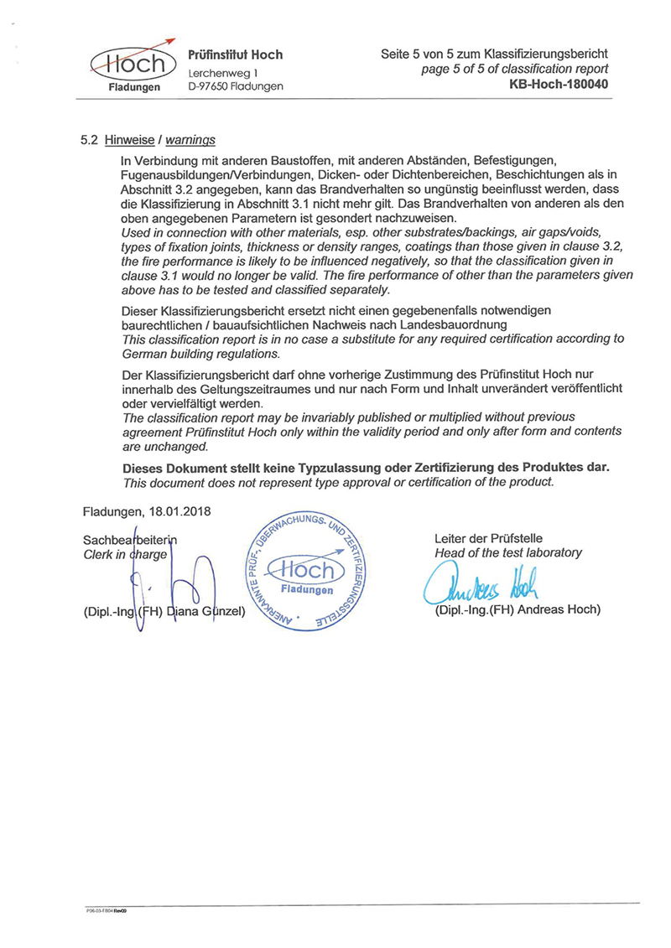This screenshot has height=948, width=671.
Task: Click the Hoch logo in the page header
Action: coord(132,65)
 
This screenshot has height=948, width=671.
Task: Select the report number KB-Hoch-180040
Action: coord(558,85)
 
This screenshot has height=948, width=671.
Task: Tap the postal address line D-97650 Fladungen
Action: coord(235,86)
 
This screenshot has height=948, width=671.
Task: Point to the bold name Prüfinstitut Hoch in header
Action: coord(236,55)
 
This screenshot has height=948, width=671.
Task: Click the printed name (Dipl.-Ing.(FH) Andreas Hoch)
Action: coord(518,609)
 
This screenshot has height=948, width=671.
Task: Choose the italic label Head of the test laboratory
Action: coord(507,552)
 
